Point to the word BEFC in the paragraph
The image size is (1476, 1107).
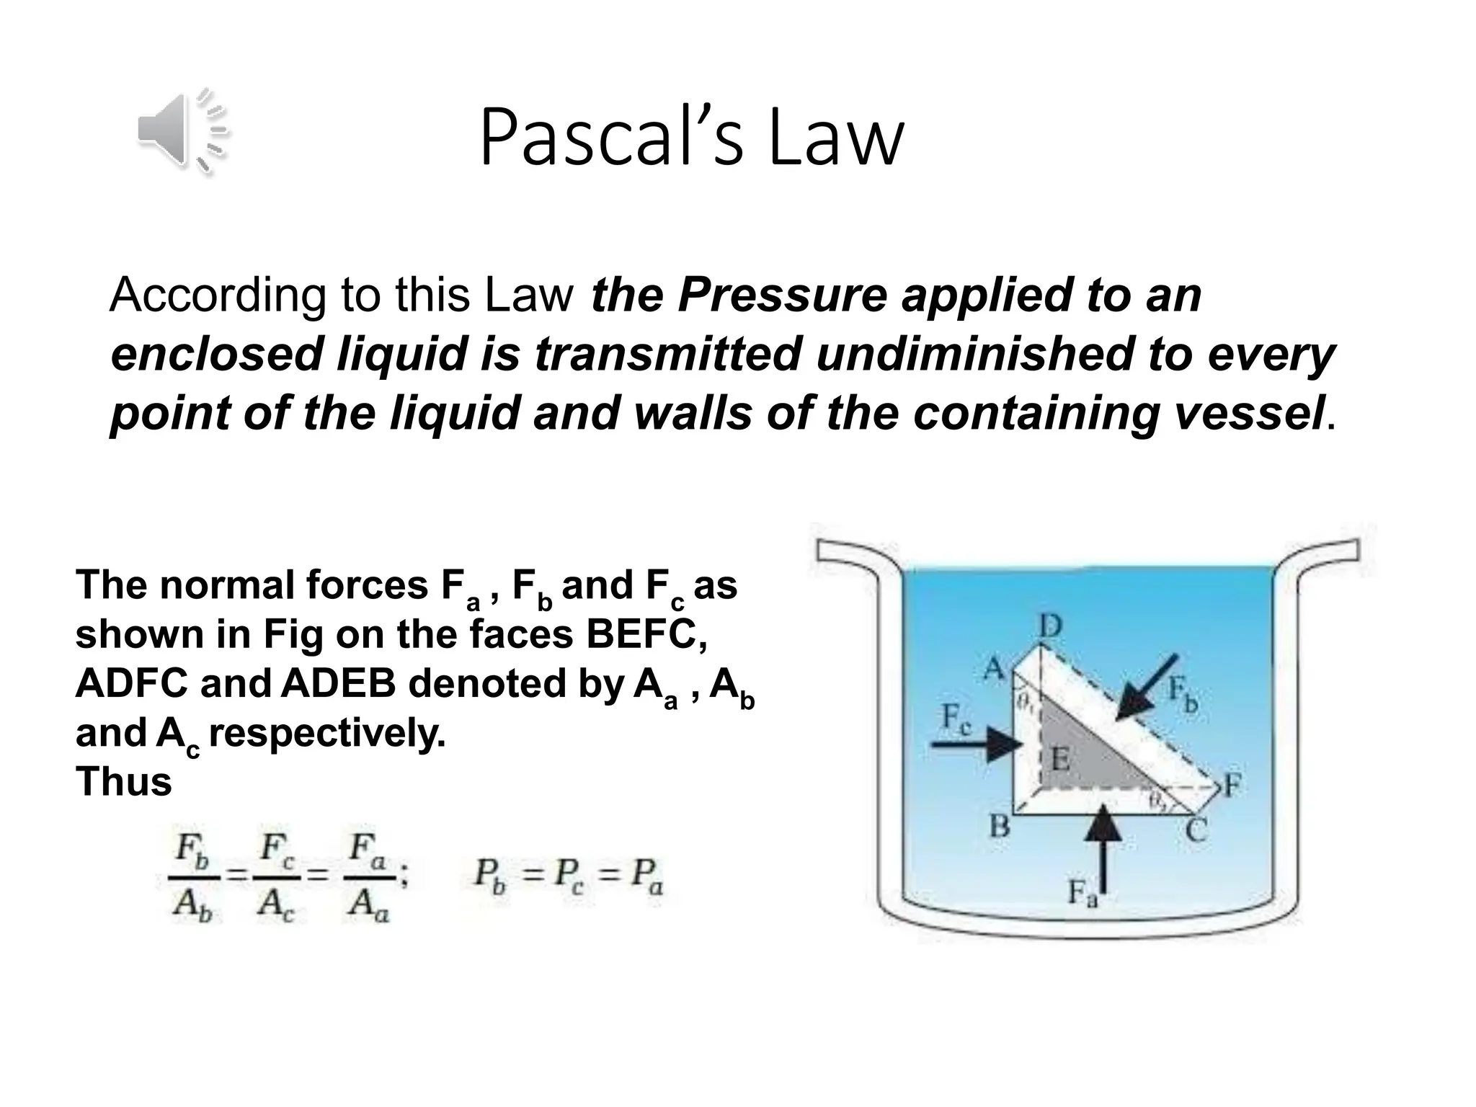coord(646,634)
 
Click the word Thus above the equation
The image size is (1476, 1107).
coord(123,782)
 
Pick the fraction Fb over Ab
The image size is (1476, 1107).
coord(194,879)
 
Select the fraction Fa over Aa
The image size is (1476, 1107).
coord(370,879)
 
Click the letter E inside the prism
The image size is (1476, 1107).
coord(1059,758)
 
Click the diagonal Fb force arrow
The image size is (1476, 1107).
coord(1146,688)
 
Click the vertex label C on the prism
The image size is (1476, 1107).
coord(1196,830)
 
